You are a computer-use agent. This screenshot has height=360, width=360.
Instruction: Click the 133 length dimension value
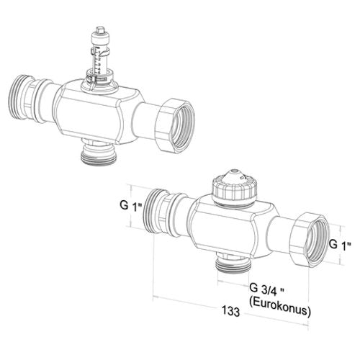coord(230,311)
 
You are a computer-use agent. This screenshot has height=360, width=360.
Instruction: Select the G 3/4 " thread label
coord(266,288)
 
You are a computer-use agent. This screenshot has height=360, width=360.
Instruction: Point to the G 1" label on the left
coord(131,206)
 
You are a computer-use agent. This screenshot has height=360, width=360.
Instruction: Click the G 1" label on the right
coord(340,245)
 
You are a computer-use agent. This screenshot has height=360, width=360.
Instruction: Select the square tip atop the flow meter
coord(99,30)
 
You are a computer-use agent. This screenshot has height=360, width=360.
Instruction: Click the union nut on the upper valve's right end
coord(175,125)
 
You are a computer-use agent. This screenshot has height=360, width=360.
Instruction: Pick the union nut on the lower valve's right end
coord(310,240)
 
